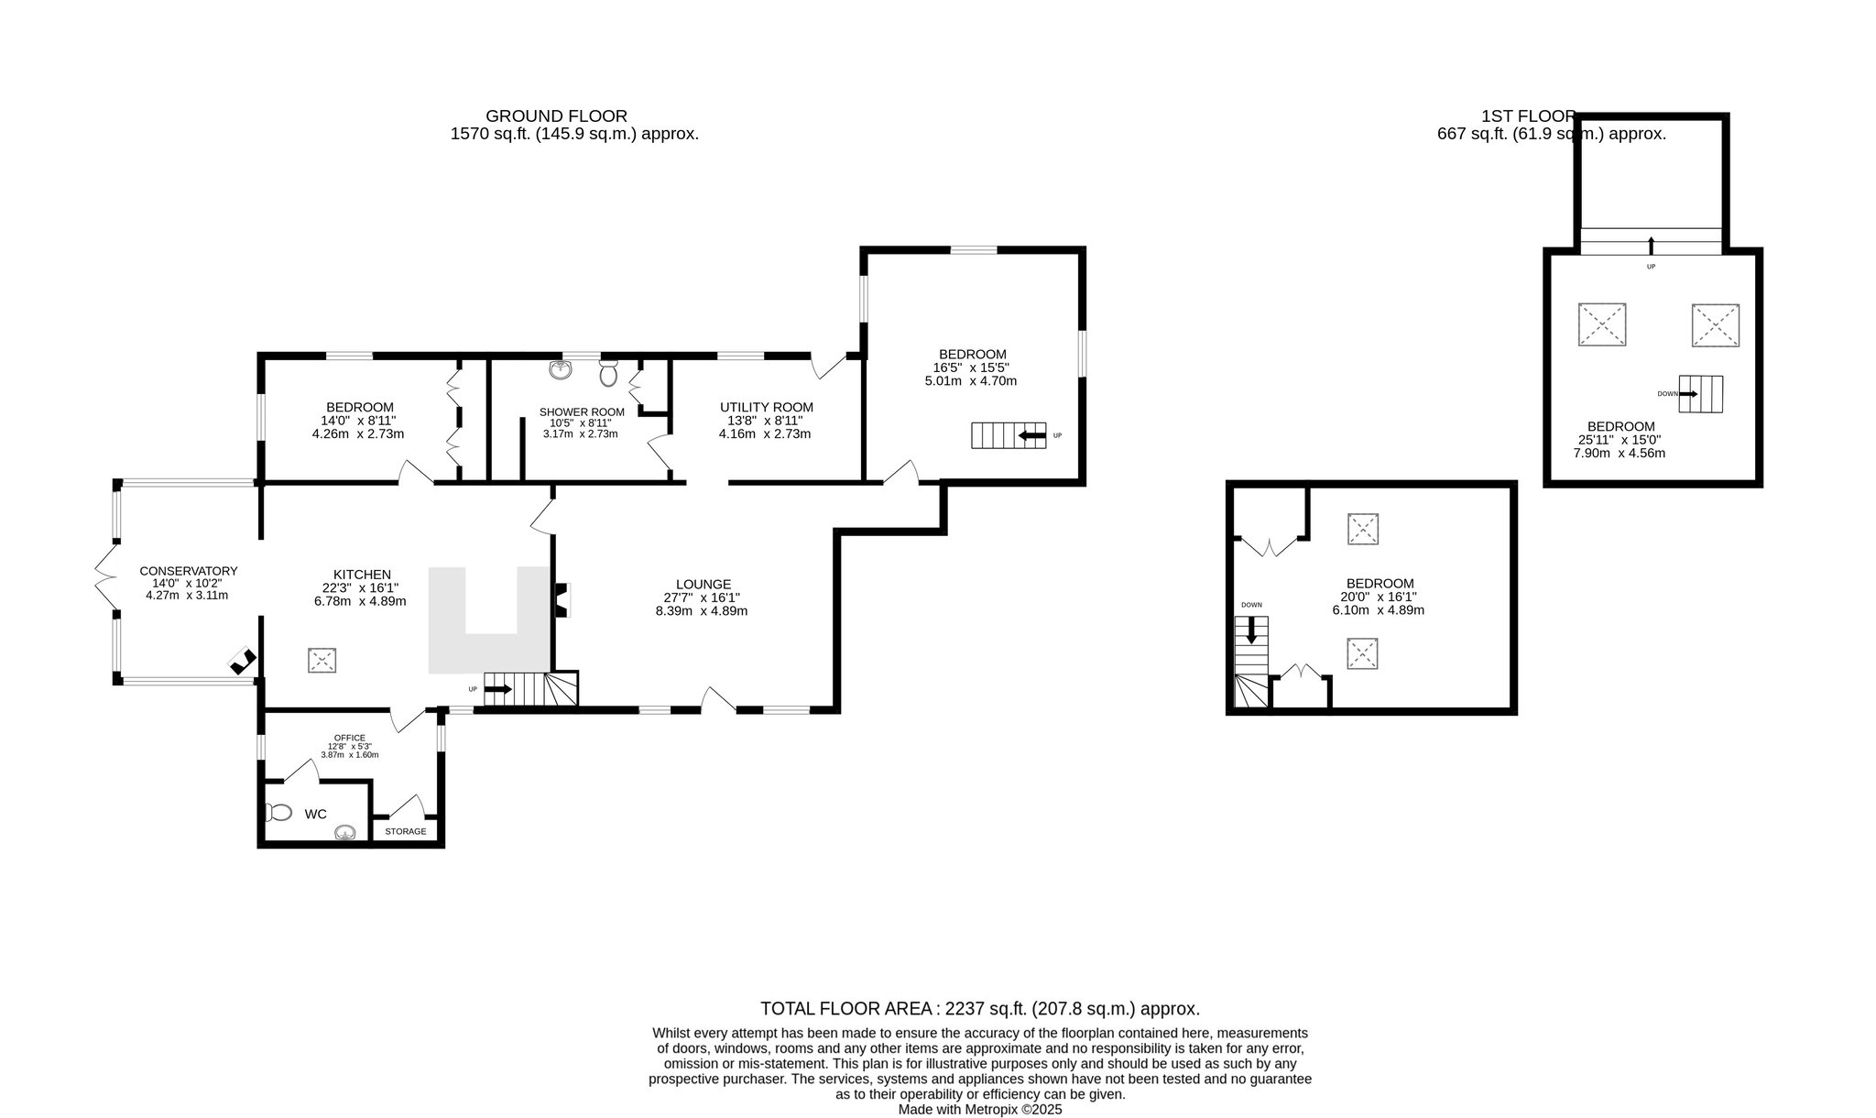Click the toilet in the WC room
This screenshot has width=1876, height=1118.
point(278,812)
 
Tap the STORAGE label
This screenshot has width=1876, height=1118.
point(405,831)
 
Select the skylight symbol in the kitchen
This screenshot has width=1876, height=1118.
point(322,661)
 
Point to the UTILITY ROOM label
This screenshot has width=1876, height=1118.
point(766,407)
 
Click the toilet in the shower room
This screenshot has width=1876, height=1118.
point(608,372)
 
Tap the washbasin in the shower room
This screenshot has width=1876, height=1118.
point(562,369)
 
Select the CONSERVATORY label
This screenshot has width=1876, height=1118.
point(188,571)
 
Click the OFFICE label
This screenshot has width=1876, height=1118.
point(350,738)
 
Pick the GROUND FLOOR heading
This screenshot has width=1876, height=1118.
point(556,116)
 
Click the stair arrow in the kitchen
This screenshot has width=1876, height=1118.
point(498,688)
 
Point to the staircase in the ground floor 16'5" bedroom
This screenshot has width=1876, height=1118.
point(1009,435)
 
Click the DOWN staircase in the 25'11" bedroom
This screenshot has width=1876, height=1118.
point(1700,394)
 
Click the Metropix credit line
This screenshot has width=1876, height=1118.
point(979,1109)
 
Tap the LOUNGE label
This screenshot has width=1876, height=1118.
point(703,584)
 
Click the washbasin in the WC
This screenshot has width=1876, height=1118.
point(345,833)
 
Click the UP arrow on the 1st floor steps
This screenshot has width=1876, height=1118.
point(1651,245)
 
